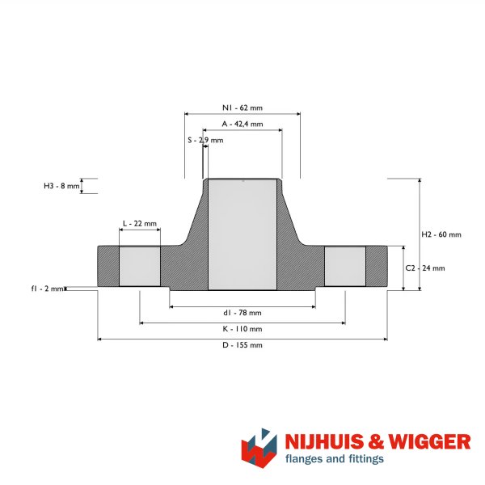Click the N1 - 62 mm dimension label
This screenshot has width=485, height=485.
(x=242, y=108)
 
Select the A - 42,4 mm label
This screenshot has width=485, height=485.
(x=242, y=124)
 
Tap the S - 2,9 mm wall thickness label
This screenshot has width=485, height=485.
(x=205, y=140)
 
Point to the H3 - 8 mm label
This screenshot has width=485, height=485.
(x=61, y=186)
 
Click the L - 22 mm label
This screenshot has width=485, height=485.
(x=140, y=223)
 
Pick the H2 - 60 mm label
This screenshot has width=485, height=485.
(x=441, y=234)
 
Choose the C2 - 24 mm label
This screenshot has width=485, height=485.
(x=425, y=268)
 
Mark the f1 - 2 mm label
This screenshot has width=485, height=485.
(x=48, y=289)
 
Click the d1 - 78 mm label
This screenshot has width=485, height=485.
(x=242, y=313)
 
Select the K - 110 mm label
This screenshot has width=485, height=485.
(x=242, y=329)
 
